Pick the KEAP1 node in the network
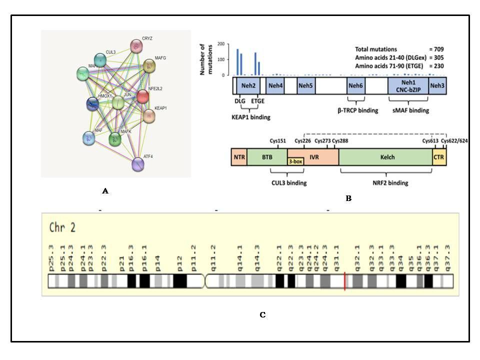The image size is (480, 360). (149, 116)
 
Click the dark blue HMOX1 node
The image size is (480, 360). (92, 104)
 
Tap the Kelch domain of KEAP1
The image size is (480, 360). (385, 157)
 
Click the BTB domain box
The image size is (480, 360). (267, 157)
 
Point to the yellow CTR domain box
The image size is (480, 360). (439, 157)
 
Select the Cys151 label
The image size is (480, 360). (278, 141)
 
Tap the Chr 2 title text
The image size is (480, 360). (62, 227)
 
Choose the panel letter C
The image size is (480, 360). (262, 315)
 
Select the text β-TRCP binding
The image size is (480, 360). (357, 110)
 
